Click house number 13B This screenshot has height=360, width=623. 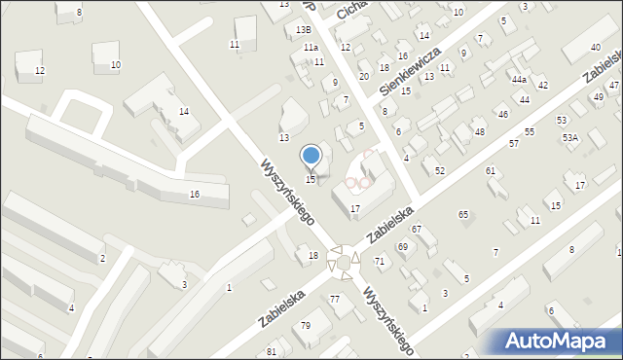pos(304,30)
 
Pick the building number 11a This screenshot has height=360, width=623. pos(311,47)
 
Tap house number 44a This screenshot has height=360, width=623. pos(519,80)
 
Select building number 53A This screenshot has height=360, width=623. pos(569,138)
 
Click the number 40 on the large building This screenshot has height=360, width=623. pos(596,48)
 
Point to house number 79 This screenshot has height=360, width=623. pos(305,325)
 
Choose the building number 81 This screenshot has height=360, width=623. pos(272,351)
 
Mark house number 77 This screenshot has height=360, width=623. pos(334,299)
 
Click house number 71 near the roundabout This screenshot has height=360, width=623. pos(380,262)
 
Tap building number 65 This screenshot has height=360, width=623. pos(463,214)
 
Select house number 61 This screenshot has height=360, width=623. pos(491,171)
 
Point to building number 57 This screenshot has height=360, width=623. pos(514,143)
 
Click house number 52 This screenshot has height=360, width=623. pos(440,171)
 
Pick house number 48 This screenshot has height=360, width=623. pos(479,131)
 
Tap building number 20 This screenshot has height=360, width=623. pos(363,76)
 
